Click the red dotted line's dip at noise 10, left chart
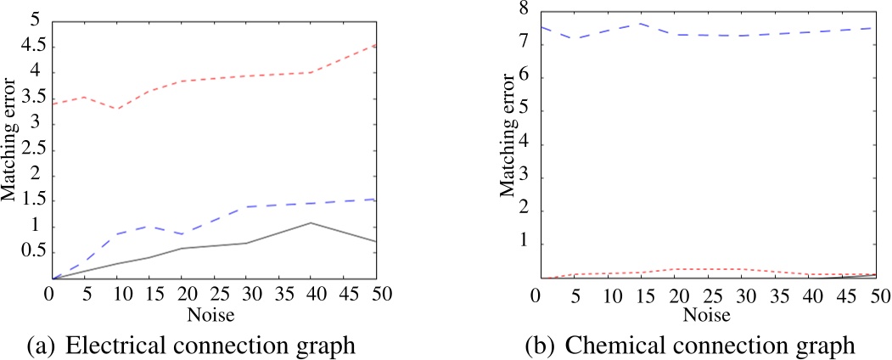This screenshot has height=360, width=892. (116, 109)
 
